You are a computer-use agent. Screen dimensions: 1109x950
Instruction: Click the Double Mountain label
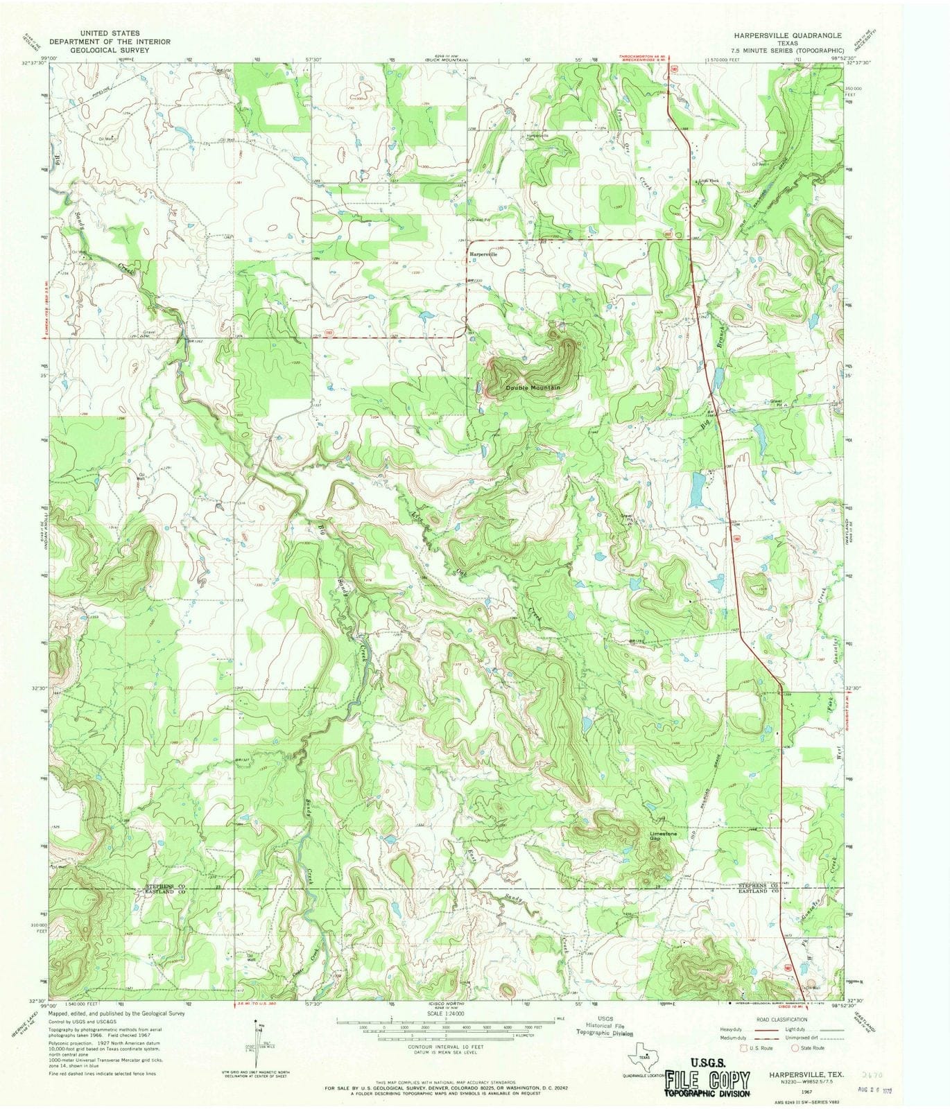pos(532,387)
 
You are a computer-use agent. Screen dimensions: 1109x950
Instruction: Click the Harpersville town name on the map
pos(484,254)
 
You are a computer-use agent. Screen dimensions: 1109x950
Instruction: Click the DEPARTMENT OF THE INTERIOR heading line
pos(110,42)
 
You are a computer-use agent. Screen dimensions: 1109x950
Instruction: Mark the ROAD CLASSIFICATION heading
pos(782,1020)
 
